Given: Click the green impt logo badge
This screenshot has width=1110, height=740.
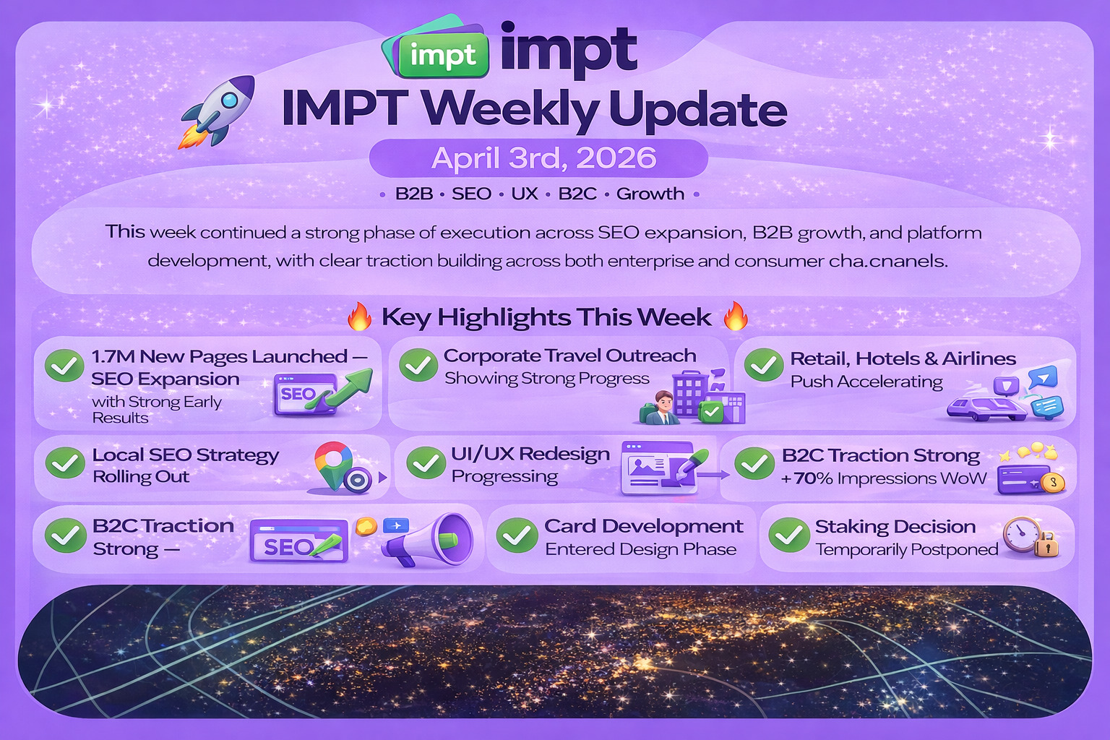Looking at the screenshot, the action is (442, 55).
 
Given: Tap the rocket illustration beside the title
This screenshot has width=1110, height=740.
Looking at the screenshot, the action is (218, 111).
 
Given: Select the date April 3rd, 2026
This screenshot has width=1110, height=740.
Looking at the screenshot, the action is (543, 158).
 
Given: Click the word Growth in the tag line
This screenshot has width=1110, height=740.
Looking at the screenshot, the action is (650, 193).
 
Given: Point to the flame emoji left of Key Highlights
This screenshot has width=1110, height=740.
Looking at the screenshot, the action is (359, 317).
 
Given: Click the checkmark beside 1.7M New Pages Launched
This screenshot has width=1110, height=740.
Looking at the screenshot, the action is (64, 365).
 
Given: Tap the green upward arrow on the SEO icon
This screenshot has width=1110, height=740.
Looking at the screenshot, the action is (342, 389).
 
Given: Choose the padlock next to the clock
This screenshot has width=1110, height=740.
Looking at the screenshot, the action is (1046, 544).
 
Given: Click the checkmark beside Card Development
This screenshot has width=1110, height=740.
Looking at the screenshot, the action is (517, 535).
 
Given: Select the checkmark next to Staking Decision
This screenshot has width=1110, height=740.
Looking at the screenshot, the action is (789, 535).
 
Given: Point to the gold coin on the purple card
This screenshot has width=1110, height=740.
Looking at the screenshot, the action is (1053, 483).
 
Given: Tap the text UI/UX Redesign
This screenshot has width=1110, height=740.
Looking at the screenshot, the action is (530, 454).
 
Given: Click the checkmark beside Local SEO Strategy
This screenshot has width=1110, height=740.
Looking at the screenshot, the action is (64, 463).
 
